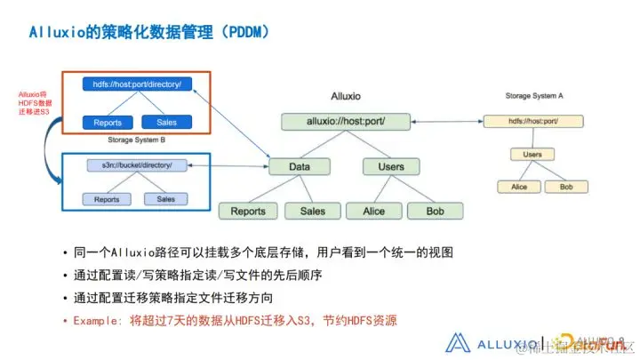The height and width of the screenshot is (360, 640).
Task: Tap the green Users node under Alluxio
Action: pyautogui.click(x=390, y=166)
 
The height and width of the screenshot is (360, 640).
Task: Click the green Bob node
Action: pyautogui.click(x=435, y=212)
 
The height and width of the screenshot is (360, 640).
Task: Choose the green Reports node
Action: pyautogui.click(x=248, y=212)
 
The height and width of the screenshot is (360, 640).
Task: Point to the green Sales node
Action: pyautogui.click(x=312, y=212)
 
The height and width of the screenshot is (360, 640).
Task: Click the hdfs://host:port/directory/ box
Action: pyautogui.click(x=137, y=84)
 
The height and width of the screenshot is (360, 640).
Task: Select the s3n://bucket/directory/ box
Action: pyautogui.click(x=136, y=165)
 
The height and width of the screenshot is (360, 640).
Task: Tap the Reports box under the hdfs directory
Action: pyautogui.click(x=108, y=123)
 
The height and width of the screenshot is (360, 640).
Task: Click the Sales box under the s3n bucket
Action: pyautogui.click(x=166, y=199)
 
